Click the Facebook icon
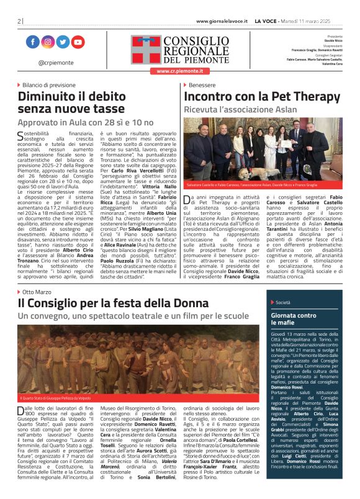coord(32,42)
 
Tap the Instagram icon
coord(48,42)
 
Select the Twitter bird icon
coord(63,42)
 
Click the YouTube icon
coord(78,42)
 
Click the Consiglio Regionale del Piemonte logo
coord(179,49)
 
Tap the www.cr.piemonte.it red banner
coord(179,71)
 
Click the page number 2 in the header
coord(19,21)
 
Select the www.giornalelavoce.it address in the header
coord(222,21)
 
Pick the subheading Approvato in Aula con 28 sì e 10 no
coord(85,123)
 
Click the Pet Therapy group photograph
coord(263,150)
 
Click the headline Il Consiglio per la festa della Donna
coord(112,303)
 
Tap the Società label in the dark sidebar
coord(283,302)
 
